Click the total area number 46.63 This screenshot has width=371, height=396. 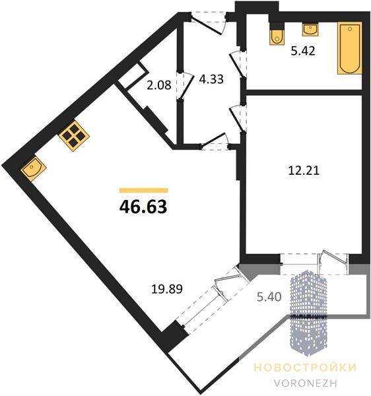pos(143,207)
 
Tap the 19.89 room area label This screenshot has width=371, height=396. pos(166,289)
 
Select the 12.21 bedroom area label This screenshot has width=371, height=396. pos(304,170)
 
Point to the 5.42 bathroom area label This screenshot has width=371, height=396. pos(303,51)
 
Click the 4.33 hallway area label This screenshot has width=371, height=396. pos(211,79)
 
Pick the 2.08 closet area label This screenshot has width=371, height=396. pos(159,85)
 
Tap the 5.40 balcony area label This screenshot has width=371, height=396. pos(269,297)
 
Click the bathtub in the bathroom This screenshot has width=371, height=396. pos(350,48)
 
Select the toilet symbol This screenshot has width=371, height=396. pos(277,37)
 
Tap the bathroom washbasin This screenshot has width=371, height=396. pos(310,30)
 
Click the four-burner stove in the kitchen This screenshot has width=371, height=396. pos(74,136)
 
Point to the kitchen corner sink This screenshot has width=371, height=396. pos(33,168)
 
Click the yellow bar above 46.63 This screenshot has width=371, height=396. pos(144,191)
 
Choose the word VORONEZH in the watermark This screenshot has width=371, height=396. pos(305,383)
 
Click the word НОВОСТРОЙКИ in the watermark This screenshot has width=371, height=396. pos(305,368)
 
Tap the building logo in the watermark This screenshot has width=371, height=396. pos(308,313)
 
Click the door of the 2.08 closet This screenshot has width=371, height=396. pos(184,85)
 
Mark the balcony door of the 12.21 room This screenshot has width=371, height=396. pos(333,263)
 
